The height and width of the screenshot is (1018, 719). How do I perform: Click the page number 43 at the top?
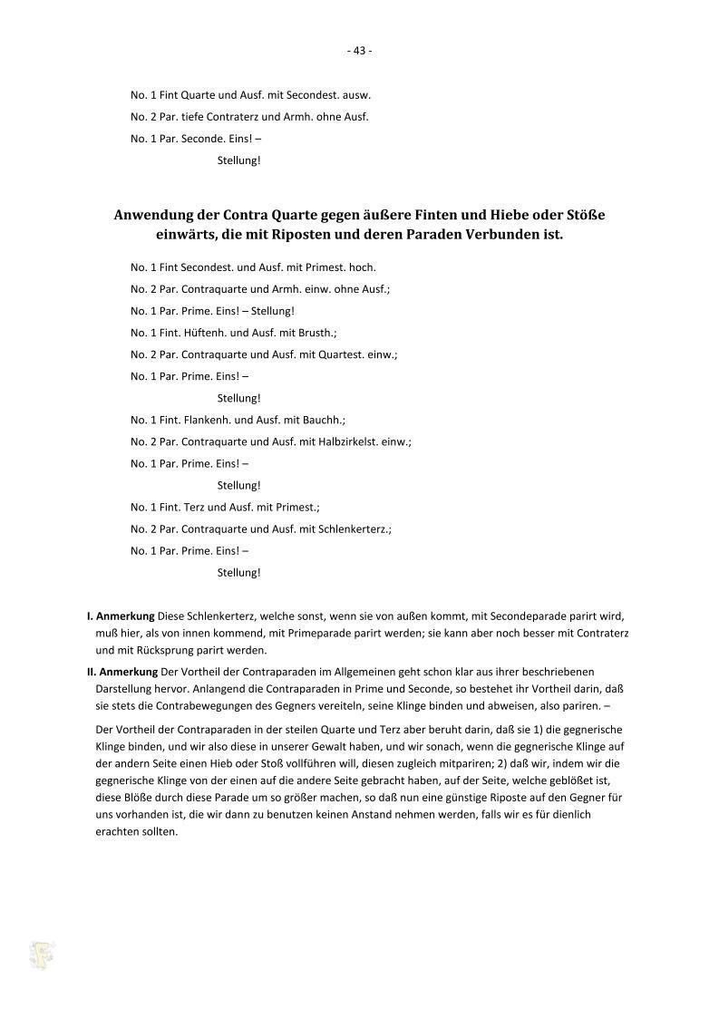point(359,51)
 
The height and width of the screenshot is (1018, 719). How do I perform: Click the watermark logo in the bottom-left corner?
point(41,955)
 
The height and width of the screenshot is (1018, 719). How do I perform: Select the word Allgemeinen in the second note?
point(369,672)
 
